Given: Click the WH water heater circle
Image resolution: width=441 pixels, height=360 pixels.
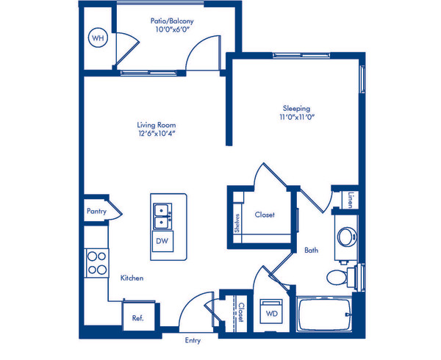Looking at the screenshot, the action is coord(98,37).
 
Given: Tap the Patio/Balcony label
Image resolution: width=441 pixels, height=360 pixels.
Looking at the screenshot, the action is coord(172,21).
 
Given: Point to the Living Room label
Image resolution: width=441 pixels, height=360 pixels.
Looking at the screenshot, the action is coord(157,125).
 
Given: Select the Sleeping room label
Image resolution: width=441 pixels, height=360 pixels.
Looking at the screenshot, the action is coord(297,109).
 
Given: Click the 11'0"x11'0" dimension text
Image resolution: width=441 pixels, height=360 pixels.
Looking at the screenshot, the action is coord(297,117).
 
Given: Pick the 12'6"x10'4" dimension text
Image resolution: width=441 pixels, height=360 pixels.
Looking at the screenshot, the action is coord(157,133).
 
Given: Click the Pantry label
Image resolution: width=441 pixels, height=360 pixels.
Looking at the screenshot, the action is coord(96,211).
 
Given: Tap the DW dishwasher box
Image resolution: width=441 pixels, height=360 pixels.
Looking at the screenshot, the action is coord(162,241).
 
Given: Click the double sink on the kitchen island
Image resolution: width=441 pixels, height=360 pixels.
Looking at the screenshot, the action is coord(162,216).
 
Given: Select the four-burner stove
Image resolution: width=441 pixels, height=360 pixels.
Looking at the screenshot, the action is coord(97,263).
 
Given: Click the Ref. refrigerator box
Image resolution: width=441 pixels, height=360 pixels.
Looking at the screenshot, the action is coord(138,315).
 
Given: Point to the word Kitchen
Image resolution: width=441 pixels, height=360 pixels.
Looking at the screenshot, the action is coord(132,278).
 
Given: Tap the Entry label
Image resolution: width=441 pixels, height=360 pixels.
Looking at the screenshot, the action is coord(193,341).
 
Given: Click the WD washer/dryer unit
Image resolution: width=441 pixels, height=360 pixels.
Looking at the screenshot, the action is coord(271,311).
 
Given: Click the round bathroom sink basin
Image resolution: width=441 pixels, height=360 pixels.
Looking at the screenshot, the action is coord(346,237).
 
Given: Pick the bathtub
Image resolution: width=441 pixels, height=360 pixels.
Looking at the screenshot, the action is coord(324,314).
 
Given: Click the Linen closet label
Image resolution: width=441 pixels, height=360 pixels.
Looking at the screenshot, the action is coord(350,200).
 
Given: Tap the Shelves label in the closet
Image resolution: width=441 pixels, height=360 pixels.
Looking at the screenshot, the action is coord(237,223).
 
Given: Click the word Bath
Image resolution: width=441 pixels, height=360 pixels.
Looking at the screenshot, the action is coord(312,250).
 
